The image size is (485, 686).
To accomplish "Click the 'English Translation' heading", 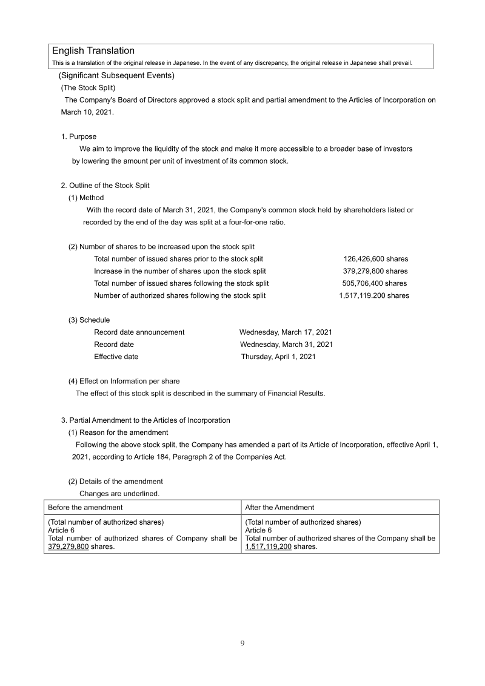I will click(x=93, y=51).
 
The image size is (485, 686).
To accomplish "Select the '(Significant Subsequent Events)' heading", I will click(x=116, y=76).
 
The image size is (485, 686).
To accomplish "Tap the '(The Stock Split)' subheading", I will click(x=89, y=88).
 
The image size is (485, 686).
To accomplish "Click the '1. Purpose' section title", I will click(x=79, y=136).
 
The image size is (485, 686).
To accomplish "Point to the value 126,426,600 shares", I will click(x=376, y=259).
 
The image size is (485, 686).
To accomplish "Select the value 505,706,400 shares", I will click(x=375, y=283).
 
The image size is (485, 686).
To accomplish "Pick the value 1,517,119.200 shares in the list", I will click(x=374, y=295).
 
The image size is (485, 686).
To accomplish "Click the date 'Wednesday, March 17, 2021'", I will click(x=286, y=332).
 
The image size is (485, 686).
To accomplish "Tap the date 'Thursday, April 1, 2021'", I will click(x=278, y=357).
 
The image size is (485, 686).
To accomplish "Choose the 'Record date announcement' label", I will click(x=139, y=332).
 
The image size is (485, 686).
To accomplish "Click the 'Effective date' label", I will click(x=116, y=357).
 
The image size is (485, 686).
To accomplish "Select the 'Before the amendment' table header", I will click(x=85, y=507).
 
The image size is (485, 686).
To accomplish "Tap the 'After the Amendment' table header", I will click(x=279, y=507).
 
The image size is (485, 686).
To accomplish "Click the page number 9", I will click(x=242, y=644).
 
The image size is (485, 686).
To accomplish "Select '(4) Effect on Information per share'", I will click(x=124, y=381).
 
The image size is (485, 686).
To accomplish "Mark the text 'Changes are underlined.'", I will click(x=119, y=494).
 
